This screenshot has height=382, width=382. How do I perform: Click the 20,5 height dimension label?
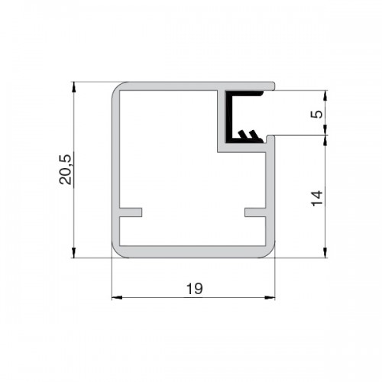coord(65,170)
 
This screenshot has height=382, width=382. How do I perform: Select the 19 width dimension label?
coord(195,289)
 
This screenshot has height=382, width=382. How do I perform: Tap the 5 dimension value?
coord(316,114)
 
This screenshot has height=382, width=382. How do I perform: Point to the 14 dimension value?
coord(317,198)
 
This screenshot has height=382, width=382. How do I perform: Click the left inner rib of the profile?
coord(131,212)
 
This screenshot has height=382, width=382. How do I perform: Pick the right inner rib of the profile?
coord(255,212)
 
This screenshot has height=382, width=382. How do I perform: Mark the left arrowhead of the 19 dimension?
coord(117,297)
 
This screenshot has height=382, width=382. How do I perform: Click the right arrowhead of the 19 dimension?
coord(270,297)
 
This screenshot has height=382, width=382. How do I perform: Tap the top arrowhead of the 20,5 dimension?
coord(74,87)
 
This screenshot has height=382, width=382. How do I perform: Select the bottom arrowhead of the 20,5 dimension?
coord(74,252)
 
